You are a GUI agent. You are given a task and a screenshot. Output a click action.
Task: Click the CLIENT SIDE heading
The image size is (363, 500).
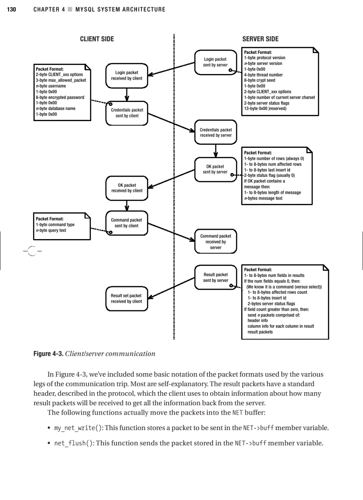[97, 39]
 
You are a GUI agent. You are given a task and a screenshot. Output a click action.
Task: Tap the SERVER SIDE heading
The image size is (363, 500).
[260, 39]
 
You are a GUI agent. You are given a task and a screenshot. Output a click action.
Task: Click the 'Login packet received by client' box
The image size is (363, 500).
[127, 76]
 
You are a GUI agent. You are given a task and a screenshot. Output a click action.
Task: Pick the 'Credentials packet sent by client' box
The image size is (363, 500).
[127, 113]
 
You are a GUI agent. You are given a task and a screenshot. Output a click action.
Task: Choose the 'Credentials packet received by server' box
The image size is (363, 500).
[215, 133]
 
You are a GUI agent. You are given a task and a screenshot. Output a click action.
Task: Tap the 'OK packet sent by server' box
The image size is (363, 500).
[215, 169]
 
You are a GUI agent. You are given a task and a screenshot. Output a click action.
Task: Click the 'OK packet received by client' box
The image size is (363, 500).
[127, 188]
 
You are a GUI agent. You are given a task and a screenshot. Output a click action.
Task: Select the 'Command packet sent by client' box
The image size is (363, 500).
[127, 223]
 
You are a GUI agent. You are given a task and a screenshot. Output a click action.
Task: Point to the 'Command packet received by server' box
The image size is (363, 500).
[215, 242]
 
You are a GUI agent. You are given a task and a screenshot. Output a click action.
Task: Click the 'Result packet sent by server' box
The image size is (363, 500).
[215, 278]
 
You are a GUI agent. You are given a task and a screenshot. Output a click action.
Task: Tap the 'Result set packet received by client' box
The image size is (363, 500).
[127, 298]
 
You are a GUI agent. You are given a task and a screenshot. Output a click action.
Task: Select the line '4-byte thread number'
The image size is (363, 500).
[263, 75]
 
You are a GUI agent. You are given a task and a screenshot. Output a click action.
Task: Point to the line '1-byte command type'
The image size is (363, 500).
[55, 224]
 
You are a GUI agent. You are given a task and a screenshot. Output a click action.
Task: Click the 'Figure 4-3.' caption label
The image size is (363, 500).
[48, 354]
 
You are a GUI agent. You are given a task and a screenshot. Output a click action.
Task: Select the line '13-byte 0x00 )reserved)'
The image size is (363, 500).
[265, 109]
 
